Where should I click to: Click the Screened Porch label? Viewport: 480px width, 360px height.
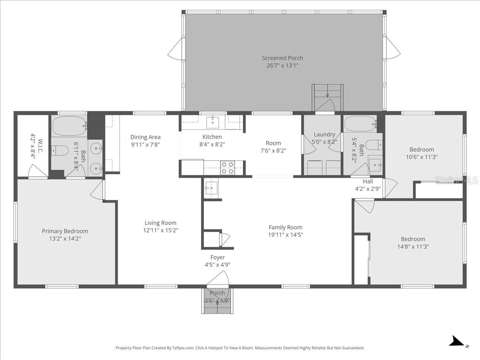(x=282, y=58)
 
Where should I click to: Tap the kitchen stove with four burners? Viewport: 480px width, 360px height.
(x=227, y=168)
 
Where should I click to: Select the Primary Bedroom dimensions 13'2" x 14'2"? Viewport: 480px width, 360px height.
(x=65, y=239)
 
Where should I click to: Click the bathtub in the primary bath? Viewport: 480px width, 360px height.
(x=68, y=126)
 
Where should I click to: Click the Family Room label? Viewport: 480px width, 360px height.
(x=285, y=227)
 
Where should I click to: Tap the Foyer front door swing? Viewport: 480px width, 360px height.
(x=217, y=280)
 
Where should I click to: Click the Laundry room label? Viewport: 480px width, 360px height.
(x=324, y=135)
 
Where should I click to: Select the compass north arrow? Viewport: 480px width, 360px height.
(x=457, y=342)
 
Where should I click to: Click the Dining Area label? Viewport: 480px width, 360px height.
(x=145, y=137)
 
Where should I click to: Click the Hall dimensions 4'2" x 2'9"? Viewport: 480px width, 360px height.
(x=367, y=189)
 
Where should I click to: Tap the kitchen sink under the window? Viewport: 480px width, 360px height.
(x=213, y=122)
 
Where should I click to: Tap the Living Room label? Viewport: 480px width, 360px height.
(x=160, y=223)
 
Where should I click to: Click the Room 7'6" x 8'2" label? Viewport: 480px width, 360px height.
(x=273, y=143)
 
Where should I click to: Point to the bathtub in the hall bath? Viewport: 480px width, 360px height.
(x=360, y=124)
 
